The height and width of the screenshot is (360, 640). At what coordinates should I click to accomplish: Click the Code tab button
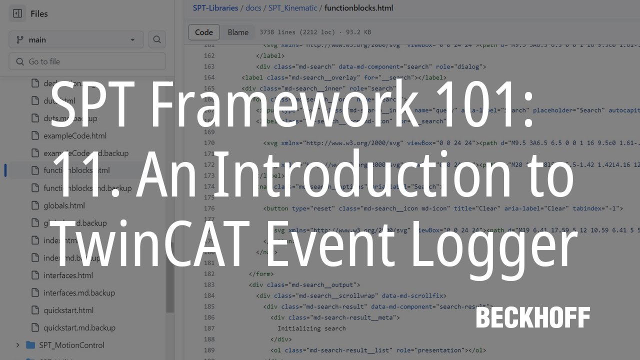(x=204, y=32)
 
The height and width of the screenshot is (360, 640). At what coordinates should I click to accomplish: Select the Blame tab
(x=238, y=32)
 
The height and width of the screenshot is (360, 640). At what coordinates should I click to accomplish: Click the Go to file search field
(x=87, y=61)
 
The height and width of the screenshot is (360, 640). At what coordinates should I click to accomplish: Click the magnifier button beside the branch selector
(x=157, y=40)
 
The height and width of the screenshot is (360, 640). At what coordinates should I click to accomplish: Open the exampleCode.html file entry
(x=74, y=135)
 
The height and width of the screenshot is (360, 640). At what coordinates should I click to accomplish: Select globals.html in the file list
(x=64, y=205)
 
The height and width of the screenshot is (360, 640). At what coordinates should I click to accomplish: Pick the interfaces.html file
(x=68, y=275)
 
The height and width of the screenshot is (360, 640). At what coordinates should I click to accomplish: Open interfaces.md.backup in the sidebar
(x=79, y=293)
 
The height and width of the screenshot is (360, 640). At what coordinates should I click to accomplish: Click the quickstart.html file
(x=68, y=310)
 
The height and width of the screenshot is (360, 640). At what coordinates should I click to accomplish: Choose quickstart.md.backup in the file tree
(x=79, y=328)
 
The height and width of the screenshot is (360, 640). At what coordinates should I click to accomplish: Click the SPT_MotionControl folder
(x=71, y=345)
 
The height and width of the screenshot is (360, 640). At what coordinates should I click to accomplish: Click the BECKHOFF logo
(x=533, y=317)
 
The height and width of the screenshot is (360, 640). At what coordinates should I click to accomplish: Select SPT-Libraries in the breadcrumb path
(x=216, y=8)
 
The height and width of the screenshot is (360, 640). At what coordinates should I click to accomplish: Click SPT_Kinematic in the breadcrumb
(x=293, y=8)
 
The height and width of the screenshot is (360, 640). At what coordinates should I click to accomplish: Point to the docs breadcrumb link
(x=253, y=8)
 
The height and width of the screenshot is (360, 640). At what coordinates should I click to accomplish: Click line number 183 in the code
(x=209, y=284)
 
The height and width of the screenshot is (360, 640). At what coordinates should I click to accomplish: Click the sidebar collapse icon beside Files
(x=17, y=13)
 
